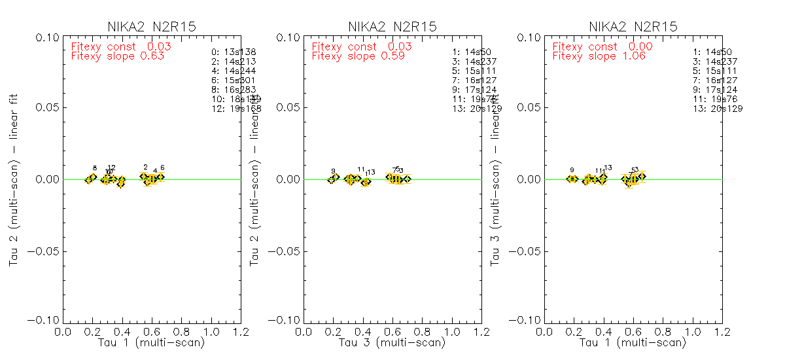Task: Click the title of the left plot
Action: [152, 27]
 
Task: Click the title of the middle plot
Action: [392, 27]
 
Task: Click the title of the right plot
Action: [633, 27]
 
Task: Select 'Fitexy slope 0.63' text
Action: [117, 56]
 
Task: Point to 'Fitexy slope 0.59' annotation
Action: [358, 56]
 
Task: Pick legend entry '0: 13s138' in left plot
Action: [234, 52]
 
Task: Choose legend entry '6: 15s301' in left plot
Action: [234, 80]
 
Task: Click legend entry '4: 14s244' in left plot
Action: [234, 71]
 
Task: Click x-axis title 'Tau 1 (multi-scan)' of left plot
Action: [151, 342]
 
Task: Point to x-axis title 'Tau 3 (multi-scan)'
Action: [392, 342]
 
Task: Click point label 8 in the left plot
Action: [94, 168]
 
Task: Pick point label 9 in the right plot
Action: [572, 170]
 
